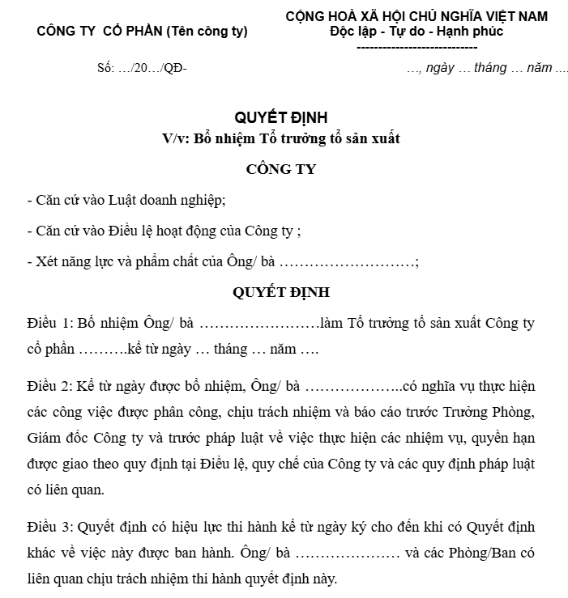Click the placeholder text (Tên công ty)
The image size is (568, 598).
(207, 32)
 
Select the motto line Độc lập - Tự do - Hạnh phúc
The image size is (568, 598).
(416, 32)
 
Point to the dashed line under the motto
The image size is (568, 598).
(416, 46)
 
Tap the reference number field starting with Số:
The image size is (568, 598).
(142, 68)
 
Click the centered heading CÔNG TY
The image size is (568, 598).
(280, 169)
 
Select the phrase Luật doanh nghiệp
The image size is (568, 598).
(173, 201)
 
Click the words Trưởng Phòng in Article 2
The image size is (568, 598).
(489, 412)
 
